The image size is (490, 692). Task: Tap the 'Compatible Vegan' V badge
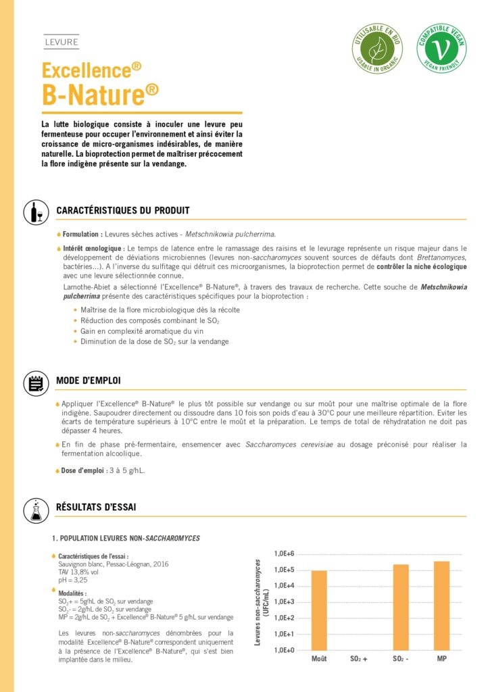point(441,49)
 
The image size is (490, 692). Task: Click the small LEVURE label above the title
point(61,43)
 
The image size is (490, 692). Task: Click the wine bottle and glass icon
point(33,212)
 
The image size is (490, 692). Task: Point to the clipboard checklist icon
point(33,382)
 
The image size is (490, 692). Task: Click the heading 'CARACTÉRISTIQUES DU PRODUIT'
point(122,211)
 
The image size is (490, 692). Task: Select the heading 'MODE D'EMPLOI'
point(89,382)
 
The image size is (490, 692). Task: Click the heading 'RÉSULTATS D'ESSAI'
point(97,507)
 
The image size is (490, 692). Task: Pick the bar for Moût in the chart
point(319,610)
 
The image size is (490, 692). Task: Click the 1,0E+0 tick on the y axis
point(285,650)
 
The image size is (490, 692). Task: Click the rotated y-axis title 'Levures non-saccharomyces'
point(258,601)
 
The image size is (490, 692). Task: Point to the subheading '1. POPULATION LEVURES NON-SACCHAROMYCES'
point(126,538)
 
